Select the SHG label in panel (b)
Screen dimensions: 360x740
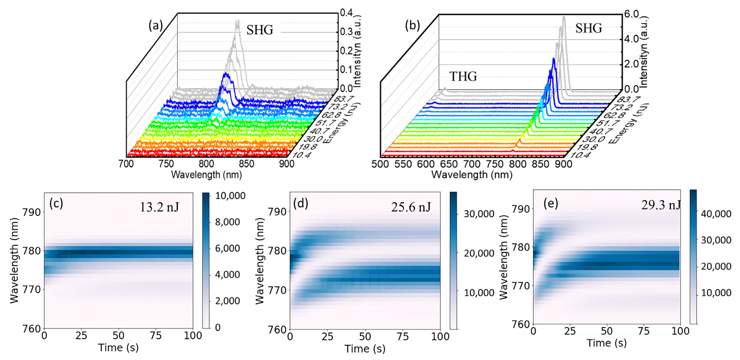coord(589,28)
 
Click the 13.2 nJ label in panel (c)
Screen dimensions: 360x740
coord(159,207)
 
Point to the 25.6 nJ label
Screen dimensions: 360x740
coord(411,207)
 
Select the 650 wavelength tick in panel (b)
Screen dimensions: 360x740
coord(449,164)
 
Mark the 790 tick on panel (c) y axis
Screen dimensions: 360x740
coord(32,212)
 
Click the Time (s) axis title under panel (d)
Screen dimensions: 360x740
coord(365,349)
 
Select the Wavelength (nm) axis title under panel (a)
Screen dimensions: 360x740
coord(206,175)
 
